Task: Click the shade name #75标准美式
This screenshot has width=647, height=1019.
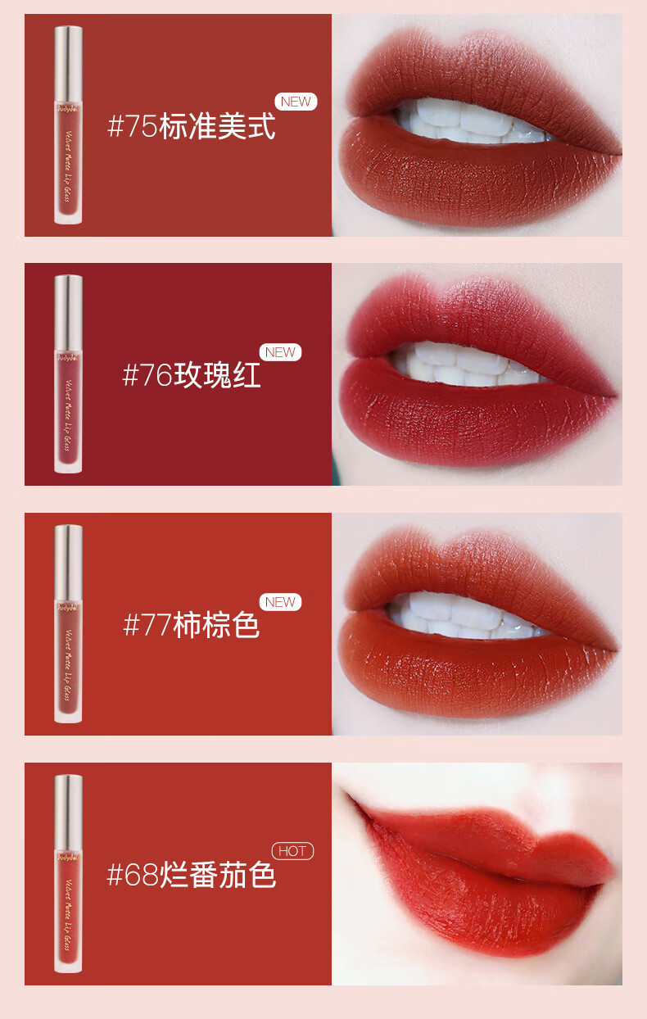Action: [192, 127]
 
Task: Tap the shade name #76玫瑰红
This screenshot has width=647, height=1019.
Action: [192, 376]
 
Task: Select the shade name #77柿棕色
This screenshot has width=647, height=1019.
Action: [192, 626]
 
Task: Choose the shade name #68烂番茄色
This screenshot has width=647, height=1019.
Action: [192, 875]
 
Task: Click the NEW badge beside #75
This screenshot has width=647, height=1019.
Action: [296, 102]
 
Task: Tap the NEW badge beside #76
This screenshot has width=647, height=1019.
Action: [280, 352]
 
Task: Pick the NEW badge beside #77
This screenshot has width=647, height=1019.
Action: [280, 602]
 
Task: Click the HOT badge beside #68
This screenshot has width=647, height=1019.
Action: [292, 851]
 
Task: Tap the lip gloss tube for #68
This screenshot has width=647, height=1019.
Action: [68, 873]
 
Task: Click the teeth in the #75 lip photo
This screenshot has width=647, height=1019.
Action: [459, 123]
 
